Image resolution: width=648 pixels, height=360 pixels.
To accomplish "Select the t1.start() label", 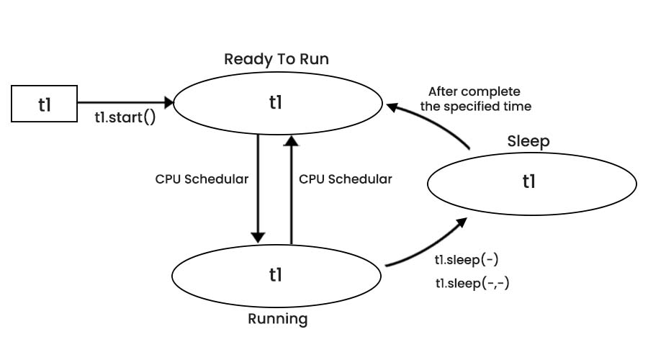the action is coord(125,117).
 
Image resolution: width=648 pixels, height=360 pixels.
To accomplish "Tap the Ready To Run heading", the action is coord(276,59).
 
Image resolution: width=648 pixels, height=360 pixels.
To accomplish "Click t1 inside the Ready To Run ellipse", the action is coord(276,102).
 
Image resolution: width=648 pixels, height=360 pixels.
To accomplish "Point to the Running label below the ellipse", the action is coord(278,319).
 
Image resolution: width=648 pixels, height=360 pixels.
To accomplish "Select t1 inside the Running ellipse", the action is coord(276,274).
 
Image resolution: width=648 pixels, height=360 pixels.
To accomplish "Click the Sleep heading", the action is coord(528,141).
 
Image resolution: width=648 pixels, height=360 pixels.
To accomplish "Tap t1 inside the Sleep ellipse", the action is coord(529,181).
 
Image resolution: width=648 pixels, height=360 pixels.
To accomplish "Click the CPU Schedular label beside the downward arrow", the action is coord(202,179).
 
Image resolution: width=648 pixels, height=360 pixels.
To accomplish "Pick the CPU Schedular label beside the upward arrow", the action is coord(346,179).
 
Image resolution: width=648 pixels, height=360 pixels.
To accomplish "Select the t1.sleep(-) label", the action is coord(467,260).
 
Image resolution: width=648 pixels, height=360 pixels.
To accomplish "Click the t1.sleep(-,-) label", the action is coord(472,283).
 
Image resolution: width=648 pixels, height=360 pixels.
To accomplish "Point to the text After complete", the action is coord(474,91).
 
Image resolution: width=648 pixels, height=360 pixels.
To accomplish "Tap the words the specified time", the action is coord(476,107).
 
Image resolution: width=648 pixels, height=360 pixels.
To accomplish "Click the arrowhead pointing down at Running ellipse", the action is coord(258,238).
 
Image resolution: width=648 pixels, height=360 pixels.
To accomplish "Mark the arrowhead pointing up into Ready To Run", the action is coord(291,141).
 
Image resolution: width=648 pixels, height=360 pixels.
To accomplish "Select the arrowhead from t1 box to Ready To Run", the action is coord(168,102).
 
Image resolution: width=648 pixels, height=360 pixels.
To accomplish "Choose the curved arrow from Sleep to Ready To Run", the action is coord(433,121).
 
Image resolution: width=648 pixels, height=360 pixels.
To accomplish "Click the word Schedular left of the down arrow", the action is coord(216,179).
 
